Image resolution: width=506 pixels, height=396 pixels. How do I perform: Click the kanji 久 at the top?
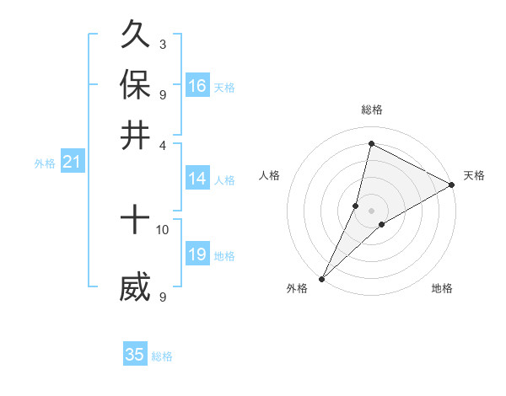click(x=135, y=35)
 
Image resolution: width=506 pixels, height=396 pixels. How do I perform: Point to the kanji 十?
click(x=135, y=221)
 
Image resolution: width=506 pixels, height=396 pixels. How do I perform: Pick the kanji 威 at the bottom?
click(x=135, y=287)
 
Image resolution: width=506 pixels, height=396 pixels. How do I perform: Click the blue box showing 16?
click(x=197, y=86)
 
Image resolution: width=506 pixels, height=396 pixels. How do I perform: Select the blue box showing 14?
click(x=197, y=179)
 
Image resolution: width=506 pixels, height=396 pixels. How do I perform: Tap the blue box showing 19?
click(x=197, y=254)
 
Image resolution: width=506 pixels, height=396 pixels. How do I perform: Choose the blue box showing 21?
click(x=72, y=163)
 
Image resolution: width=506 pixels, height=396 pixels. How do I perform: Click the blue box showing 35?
click(x=135, y=355)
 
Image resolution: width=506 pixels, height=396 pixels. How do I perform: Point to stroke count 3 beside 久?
click(x=162, y=44)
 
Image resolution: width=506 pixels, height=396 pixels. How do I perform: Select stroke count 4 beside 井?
click(x=162, y=144)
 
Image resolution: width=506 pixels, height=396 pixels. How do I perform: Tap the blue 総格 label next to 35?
click(x=163, y=356)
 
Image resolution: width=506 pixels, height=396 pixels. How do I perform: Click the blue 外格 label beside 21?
click(x=45, y=164)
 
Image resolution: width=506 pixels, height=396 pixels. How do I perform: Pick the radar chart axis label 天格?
click(x=474, y=175)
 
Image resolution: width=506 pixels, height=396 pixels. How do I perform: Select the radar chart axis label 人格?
click(x=270, y=175)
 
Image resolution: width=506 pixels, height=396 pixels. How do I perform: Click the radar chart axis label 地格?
click(x=442, y=288)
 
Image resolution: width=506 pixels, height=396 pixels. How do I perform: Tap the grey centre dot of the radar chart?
click(x=371, y=210)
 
